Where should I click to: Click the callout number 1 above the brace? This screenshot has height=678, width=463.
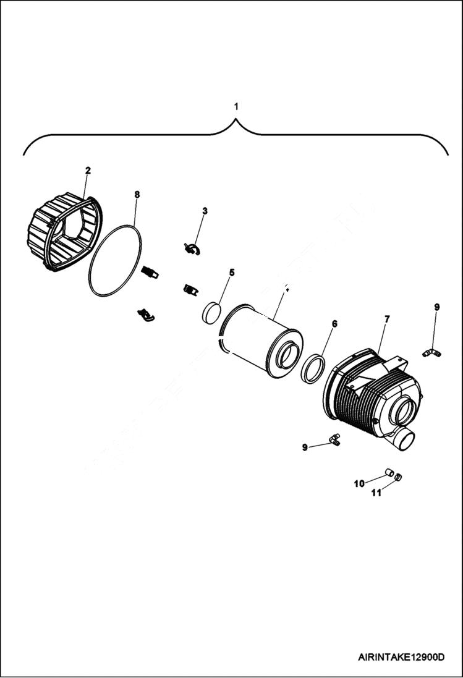coord(236,107)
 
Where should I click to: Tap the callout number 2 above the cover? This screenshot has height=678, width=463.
coord(88,170)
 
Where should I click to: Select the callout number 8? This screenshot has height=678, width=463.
coord(137,194)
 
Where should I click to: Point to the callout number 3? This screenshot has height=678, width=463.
coord(205,211)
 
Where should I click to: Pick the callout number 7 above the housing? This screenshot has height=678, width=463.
coord(387,319)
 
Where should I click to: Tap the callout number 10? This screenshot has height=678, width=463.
coord(359,484)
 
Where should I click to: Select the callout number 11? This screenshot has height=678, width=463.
coord(376,493)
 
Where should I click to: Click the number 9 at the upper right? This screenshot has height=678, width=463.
coord(436,307)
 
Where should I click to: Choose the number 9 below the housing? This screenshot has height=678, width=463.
coord(305,447)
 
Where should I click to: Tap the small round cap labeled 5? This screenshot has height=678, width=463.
coord(212,312)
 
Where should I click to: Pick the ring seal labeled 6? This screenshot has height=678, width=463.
coord(313,369)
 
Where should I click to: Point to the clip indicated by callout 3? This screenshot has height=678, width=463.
coord(192,249)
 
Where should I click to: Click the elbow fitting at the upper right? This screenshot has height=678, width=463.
coord(431,353)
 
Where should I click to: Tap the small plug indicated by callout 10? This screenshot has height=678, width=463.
coord(389,473)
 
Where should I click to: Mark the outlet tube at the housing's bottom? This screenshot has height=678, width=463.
coord(406,441)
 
